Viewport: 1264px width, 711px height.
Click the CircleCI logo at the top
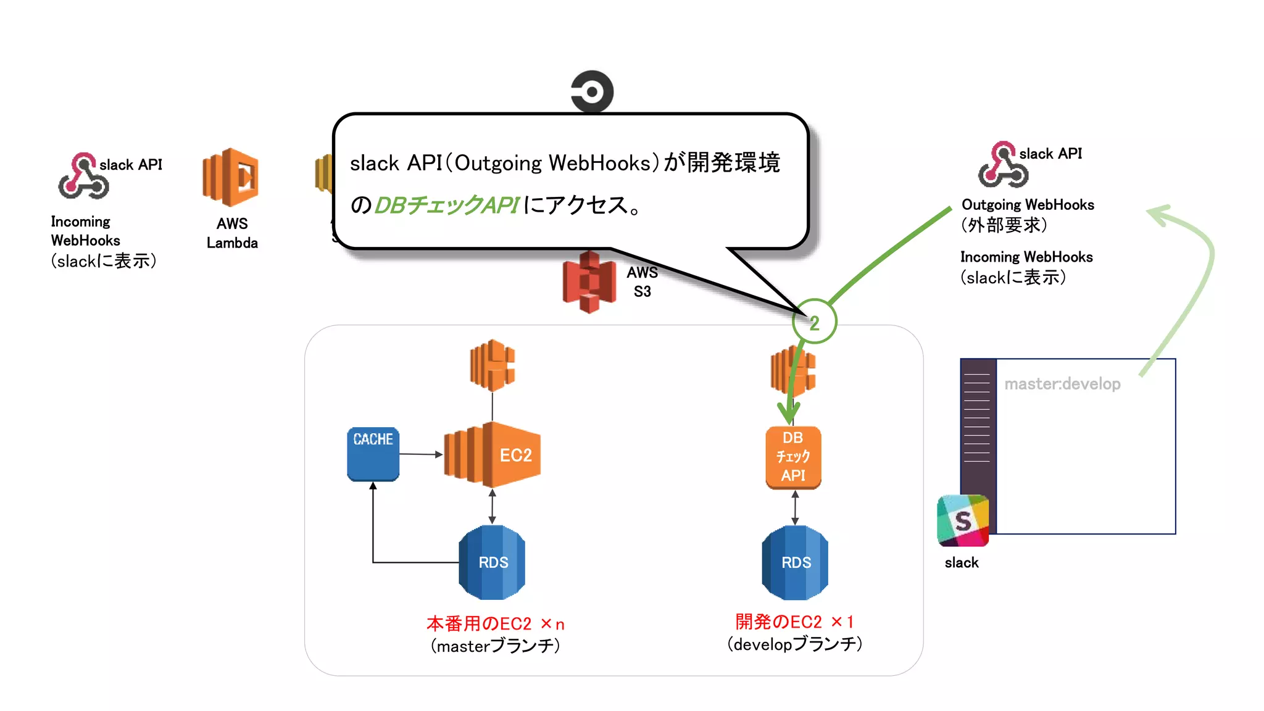[592, 91]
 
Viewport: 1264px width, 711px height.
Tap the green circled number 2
[814, 322]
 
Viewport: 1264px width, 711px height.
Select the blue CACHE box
[373, 454]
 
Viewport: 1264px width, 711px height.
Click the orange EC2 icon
[493, 455]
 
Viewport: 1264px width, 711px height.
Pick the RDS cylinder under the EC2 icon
[492, 562]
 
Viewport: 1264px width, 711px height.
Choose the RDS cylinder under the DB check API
[795, 562]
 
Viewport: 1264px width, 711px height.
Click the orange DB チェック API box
[793, 457]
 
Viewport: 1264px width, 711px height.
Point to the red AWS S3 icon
[589, 282]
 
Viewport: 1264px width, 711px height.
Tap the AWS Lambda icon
[230, 177]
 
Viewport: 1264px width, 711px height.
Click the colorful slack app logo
[962, 520]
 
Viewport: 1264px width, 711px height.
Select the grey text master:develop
[1062, 384]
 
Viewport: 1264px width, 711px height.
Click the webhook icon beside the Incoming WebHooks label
[83, 176]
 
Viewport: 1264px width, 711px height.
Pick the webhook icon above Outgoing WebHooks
[1003, 165]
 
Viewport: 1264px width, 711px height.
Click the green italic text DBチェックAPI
[447, 205]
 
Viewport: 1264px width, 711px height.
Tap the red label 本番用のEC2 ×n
[495, 623]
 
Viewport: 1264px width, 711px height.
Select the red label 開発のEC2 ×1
[794, 622]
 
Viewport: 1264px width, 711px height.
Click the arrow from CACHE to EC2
[421, 454]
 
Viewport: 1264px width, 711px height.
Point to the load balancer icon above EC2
[492, 365]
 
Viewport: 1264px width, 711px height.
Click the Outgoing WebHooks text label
[1028, 205]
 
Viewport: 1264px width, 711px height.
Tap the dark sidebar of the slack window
[978, 426]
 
